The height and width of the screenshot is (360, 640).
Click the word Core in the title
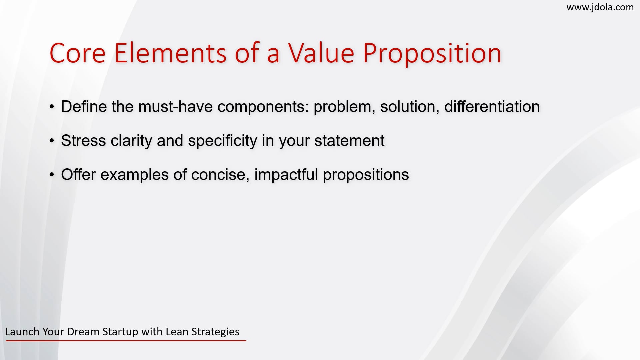[77, 53]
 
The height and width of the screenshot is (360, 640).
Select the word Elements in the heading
[170, 53]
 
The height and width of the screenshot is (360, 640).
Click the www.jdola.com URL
[600, 7]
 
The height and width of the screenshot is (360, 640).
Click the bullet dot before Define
[51, 107]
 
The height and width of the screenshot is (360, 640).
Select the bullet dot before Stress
[51, 141]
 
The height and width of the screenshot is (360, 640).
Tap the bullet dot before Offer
[51, 175]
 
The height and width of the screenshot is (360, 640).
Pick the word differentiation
[492, 107]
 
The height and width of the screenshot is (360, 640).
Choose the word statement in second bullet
[349, 141]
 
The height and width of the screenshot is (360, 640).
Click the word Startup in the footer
[120, 332]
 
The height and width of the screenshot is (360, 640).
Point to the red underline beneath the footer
[126, 341]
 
